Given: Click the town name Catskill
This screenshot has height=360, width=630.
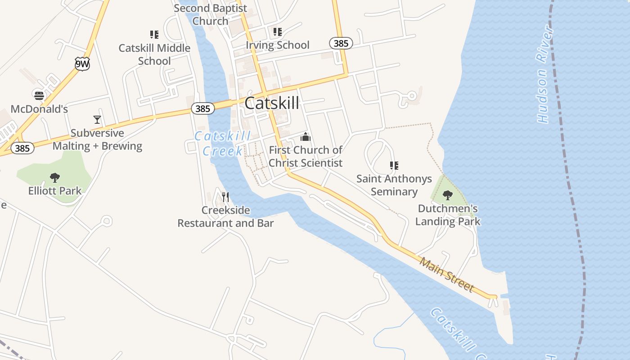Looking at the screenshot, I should click(x=272, y=103).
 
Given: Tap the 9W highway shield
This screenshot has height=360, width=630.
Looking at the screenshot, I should click(x=82, y=64).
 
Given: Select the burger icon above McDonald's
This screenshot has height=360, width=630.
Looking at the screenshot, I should click(x=39, y=95).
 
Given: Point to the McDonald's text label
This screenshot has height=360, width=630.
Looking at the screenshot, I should click(x=39, y=109).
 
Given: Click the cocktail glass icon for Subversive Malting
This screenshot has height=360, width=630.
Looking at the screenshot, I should click(x=97, y=120).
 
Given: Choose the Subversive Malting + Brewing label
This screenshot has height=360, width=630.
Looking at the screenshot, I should click(x=97, y=139).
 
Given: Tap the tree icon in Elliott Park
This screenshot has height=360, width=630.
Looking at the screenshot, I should click(x=55, y=178).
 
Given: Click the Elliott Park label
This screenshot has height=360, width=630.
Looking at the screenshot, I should click(x=55, y=191).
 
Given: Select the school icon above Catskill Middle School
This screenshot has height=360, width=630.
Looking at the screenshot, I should click(x=154, y=35).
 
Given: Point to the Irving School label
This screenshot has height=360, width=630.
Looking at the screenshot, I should click(x=278, y=45).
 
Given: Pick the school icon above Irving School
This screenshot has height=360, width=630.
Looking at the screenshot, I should click(x=278, y=32).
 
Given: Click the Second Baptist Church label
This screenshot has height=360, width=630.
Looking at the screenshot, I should click(x=211, y=14).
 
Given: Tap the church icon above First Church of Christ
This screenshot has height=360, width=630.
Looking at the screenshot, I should click(x=306, y=137).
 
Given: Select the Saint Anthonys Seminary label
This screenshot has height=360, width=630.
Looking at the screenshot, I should click(x=394, y=185).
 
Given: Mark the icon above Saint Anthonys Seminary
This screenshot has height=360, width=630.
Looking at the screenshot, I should click(x=394, y=166).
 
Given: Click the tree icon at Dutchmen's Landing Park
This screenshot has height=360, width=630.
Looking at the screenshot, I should click(x=448, y=195).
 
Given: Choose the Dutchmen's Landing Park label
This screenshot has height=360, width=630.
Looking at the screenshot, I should click(x=448, y=215).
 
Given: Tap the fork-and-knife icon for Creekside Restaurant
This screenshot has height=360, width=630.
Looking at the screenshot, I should click(x=225, y=197).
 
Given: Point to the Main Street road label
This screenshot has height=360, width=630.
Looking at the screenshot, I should click(x=447, y=274).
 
